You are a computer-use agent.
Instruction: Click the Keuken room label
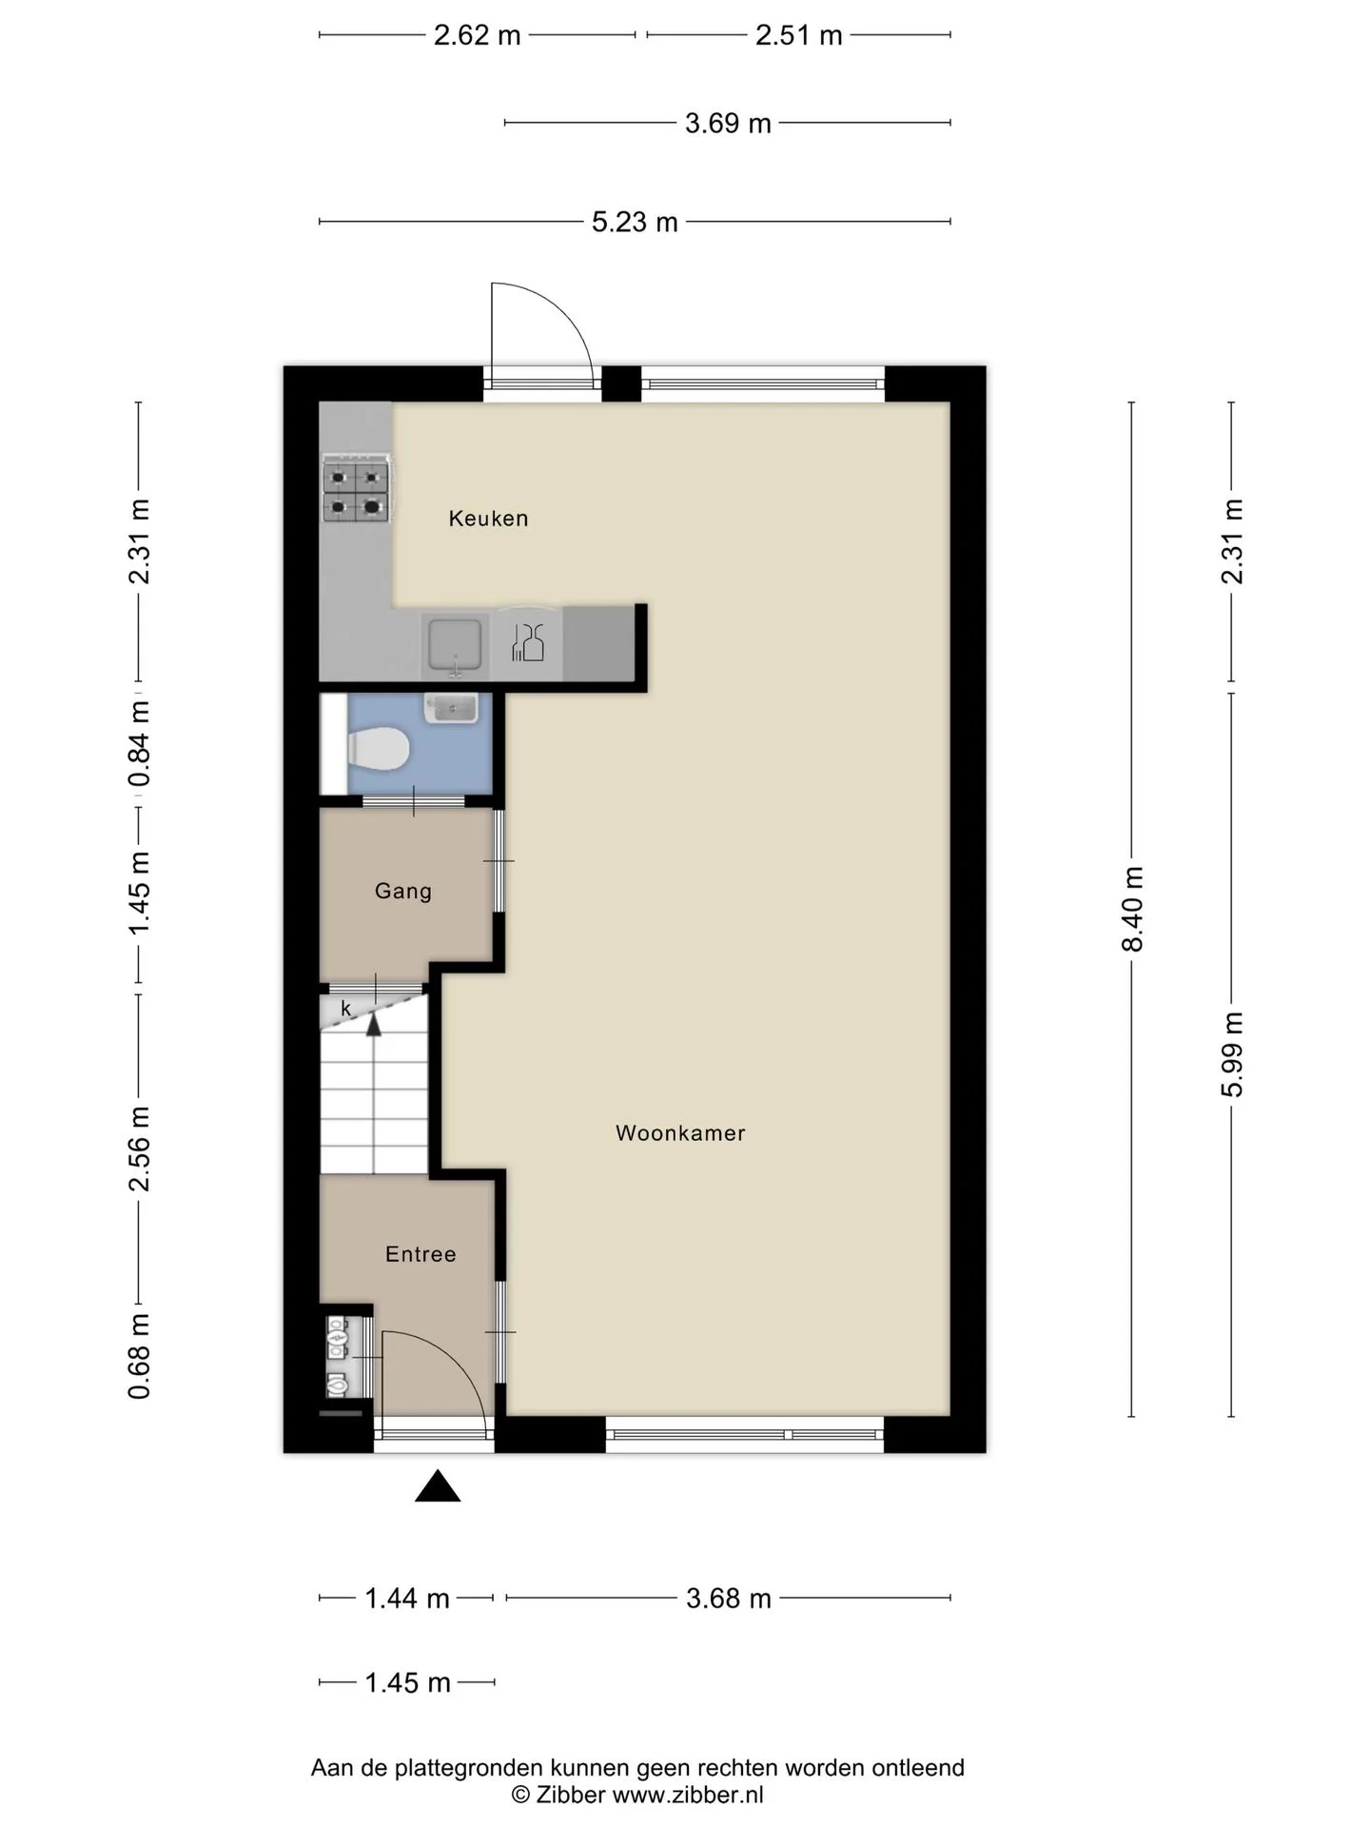[x=488, y=519]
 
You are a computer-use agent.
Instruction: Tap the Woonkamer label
[x=680, y=1133]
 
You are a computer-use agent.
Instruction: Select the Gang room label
[x=403, y=892]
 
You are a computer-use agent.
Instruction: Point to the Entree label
[x=421, y=1254]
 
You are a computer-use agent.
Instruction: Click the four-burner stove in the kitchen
[x=357, y=490]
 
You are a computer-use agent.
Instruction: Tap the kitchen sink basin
[x=455, y=644]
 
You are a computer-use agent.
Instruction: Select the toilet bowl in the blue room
[x=378, y=749]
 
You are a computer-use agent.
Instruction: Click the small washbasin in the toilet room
[x=451, y=708]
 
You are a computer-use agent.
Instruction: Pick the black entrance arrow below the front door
[x=438, y=1486]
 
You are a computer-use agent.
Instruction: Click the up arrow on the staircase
[x=374, y=1025]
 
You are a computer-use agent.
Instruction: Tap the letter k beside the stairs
[x=346, y=1009]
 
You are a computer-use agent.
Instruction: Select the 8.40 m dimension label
[x=1132, y=909]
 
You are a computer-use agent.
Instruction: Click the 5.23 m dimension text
[x=635, y=222]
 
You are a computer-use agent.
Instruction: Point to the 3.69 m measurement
[x=728, y=123]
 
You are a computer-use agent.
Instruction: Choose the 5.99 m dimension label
[x=1232, y=1054]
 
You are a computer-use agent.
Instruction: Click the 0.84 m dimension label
[x=140, y=744]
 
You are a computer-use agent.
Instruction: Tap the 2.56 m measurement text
[x=140, y=1149]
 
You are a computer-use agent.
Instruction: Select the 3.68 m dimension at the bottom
[x=729, y=1598]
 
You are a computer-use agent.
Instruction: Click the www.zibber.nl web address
[x=688, y=1795]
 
